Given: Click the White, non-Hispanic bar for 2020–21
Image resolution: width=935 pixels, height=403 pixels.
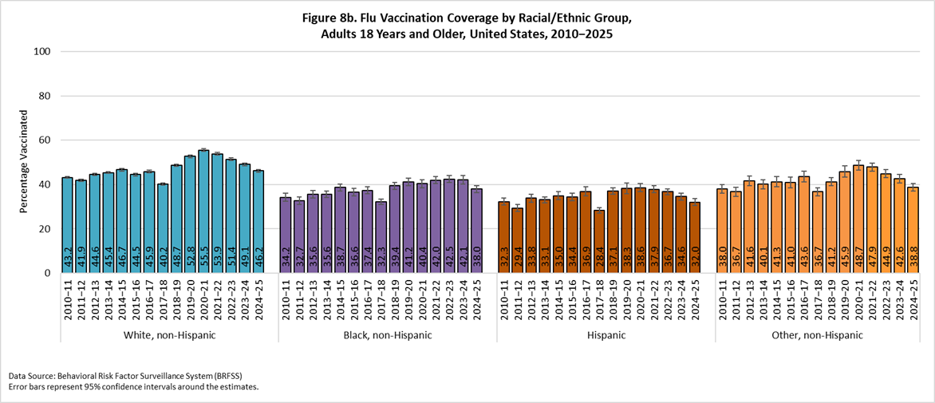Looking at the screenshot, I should [x=203, y=211].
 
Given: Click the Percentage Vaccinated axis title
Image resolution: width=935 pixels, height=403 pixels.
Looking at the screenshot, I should [x=23, y=162].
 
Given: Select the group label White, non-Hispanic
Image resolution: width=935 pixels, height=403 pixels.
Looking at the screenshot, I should [x=169, y=335].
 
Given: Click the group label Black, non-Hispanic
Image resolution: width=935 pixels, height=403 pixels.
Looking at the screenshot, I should [x=388, y=335].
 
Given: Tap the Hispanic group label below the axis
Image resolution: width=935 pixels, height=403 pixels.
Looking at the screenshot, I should [x=606, y=335].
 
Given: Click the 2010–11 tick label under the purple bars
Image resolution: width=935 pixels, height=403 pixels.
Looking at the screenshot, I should [x=286, y=302].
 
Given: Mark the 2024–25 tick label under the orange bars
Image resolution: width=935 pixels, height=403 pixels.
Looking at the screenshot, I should [x=913, y=302].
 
